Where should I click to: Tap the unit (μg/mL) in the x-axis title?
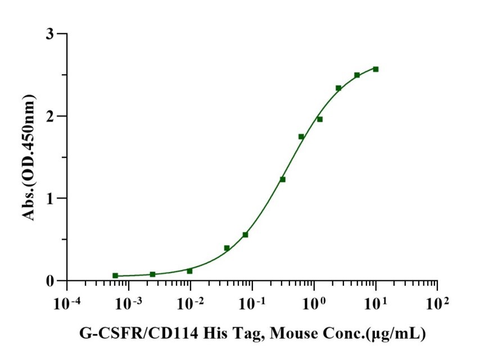point(393,335)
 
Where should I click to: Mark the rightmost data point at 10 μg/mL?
point(375,69)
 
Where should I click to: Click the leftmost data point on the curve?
point(115,276)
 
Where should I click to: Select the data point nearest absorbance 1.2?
point(283,179)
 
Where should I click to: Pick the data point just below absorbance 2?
point(320,119)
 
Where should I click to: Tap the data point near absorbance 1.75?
point(301,136)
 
